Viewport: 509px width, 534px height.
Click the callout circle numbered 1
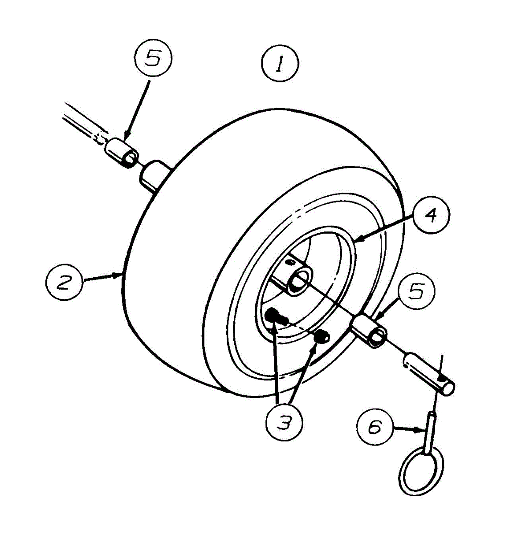pos(279,66)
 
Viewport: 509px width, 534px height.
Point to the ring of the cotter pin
pos(421,472)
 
